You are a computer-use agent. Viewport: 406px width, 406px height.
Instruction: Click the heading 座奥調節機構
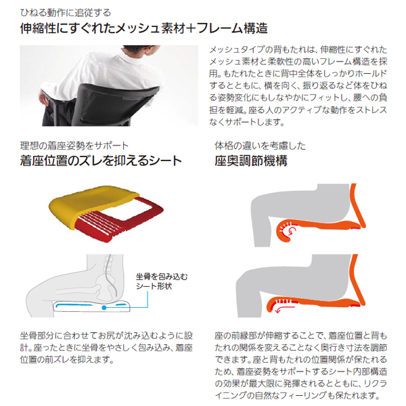coord(251,161)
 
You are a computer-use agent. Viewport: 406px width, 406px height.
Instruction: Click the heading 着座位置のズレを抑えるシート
coord(101,161)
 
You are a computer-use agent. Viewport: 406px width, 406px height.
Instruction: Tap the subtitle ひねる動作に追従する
coord(66,13)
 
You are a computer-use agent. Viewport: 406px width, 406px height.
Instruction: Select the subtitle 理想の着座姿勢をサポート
coord(74,145)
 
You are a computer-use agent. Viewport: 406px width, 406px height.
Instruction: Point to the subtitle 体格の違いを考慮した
coord(261,145)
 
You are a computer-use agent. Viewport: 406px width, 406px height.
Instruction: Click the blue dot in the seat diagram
coord(104,308)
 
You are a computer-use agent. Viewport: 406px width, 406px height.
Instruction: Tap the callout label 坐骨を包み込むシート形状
coord(162,281)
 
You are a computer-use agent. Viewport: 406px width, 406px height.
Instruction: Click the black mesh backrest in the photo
coord(114,104)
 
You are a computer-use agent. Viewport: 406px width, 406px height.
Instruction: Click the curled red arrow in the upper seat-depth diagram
coord(290,231)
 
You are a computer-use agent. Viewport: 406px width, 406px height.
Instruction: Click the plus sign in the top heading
coord(191,28)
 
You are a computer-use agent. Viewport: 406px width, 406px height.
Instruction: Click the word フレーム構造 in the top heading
coord(232,28)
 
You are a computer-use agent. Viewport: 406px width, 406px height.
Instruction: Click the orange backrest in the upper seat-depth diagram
coord(358,206)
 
